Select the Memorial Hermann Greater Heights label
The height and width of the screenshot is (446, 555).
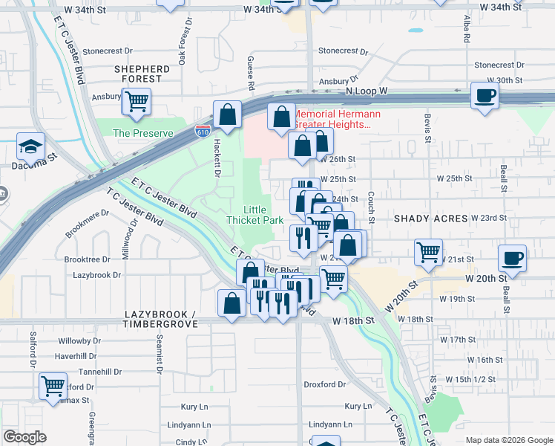coord(338,119)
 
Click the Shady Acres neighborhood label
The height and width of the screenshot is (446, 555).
coord(430,219)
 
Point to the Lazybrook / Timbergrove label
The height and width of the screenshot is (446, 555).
coord(160,320)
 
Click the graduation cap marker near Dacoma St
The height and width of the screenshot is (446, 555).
coord(31,146)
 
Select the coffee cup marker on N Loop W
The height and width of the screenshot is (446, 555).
coord(485,96)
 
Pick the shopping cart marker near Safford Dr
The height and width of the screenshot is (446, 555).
coord(53,386)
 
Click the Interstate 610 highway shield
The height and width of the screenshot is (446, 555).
coord(203,131)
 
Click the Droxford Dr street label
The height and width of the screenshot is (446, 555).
coord(325,384)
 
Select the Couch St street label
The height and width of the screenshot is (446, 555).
coord(371,205)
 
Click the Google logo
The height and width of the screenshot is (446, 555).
coord(24,437)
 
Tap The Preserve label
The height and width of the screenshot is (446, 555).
coord(143,133)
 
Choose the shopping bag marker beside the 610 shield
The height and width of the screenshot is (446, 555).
coord(228,115)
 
